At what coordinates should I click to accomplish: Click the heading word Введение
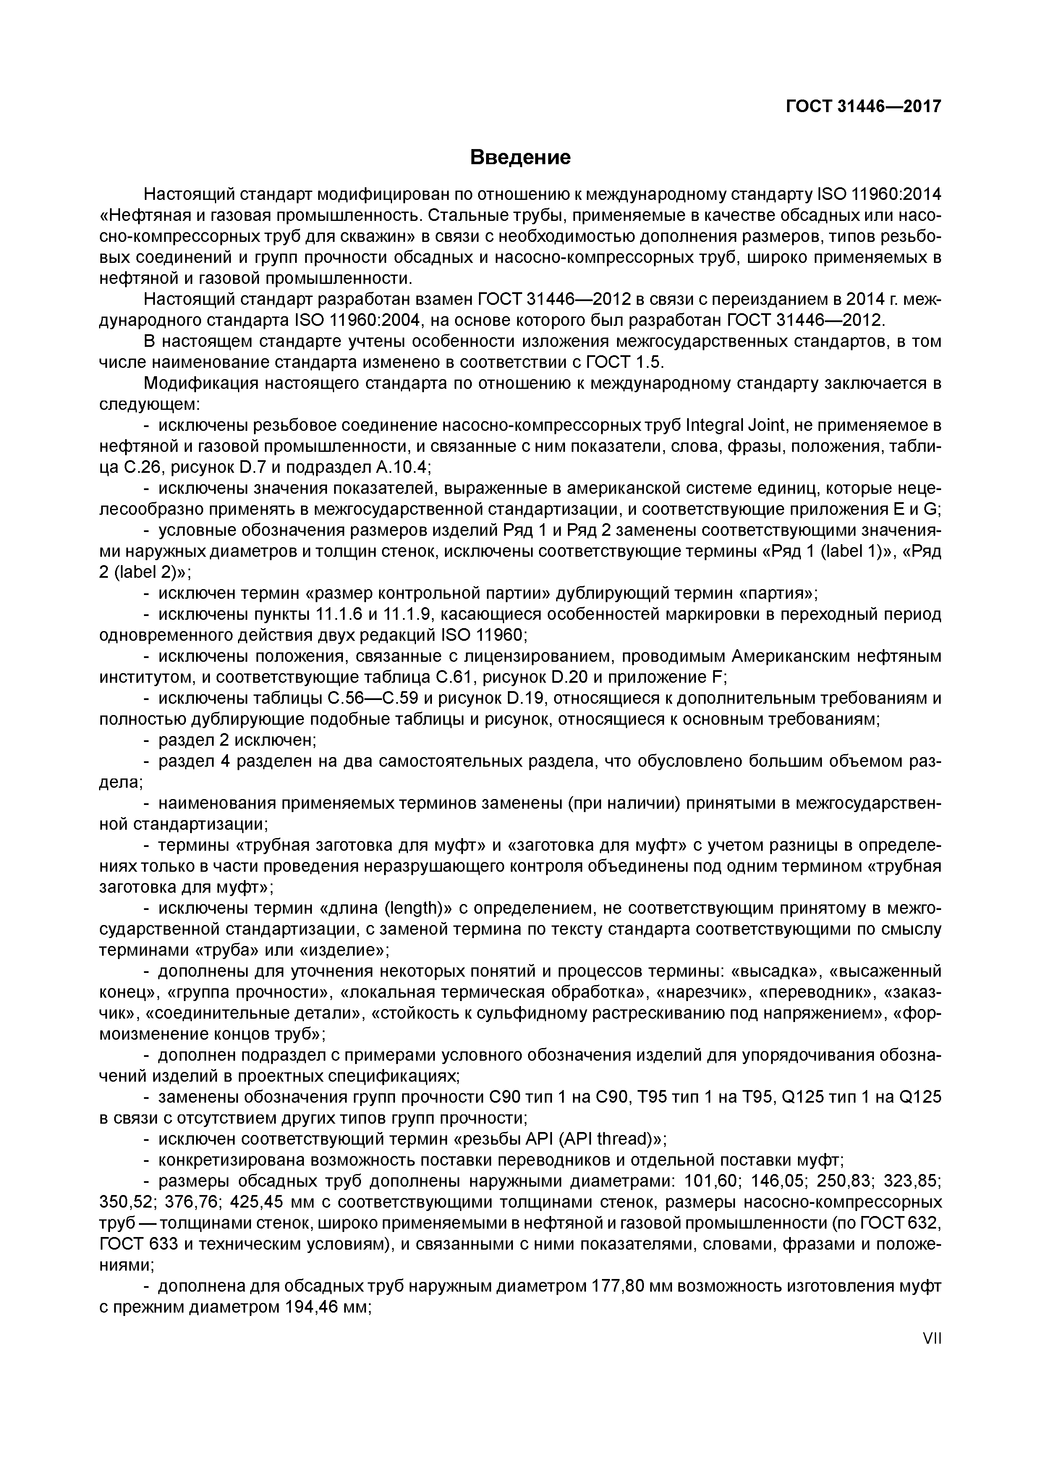(x=520, y=157)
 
